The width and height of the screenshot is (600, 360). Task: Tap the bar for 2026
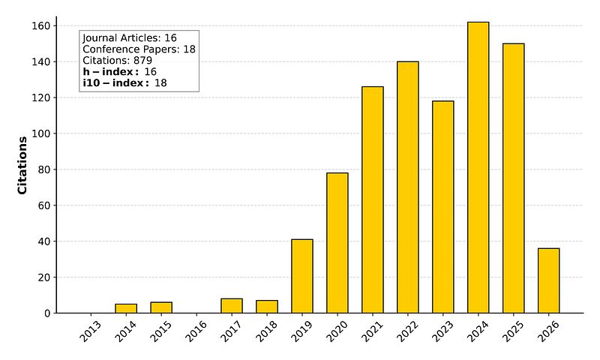pos(548,280)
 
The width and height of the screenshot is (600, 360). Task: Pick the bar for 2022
pos(407,187)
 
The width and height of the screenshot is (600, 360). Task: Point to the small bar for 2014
pos(126,308)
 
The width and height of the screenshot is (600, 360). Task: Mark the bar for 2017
pos(232,305)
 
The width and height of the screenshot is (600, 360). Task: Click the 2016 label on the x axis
pos(196,331)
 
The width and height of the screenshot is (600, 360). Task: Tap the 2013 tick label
pos(90,331)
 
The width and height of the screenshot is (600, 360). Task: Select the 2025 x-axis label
pos(512,331)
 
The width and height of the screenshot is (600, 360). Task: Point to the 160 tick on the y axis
pos(41,26)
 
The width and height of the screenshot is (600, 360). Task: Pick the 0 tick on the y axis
pos(47,313)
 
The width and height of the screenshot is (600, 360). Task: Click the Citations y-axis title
pos(22,165)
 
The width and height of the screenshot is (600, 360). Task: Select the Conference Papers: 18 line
pos(139,49)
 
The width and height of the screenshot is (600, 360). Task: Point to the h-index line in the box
pos(119,71)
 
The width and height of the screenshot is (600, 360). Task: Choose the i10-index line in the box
pos(124,82)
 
